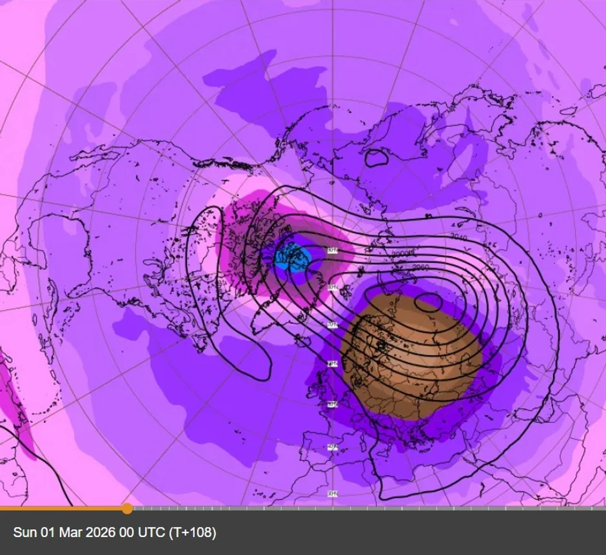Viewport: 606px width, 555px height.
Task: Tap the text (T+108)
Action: click(x=192, y=533)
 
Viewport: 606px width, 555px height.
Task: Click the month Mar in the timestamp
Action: click(x=66, y=533)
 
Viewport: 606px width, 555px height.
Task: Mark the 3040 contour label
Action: click(x=458, y=238)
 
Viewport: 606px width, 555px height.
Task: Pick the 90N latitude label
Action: click(x=332, y=250)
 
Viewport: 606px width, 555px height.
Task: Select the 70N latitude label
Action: click(x=333, y=325)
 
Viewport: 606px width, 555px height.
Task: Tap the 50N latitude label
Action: click(x=333, y=405)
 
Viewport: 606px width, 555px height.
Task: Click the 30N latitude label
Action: click(x=333, y=494)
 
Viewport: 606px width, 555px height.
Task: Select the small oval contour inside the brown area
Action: click(x=428, y=300)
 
